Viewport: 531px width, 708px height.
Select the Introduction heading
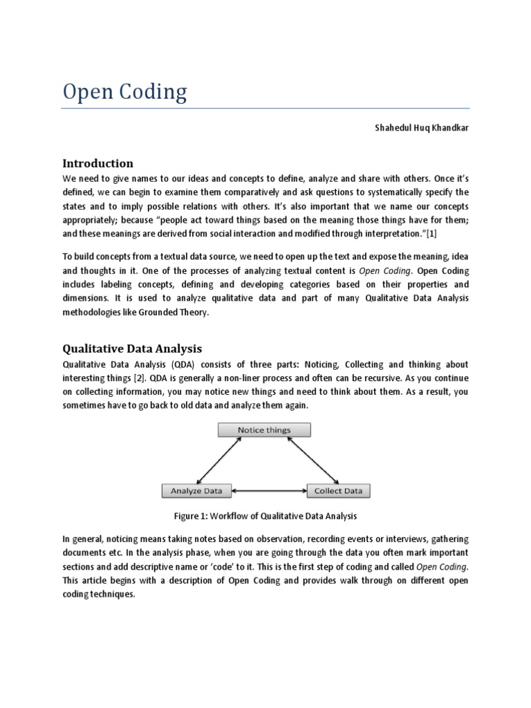97,164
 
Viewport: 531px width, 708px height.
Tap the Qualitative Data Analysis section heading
132,349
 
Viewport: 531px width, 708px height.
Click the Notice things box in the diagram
264,429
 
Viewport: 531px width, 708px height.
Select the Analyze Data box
196,491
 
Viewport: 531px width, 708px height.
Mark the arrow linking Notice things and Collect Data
313,460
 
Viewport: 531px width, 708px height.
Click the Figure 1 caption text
265,516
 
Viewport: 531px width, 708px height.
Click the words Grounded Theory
181,313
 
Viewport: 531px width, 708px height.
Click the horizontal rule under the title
265,109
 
